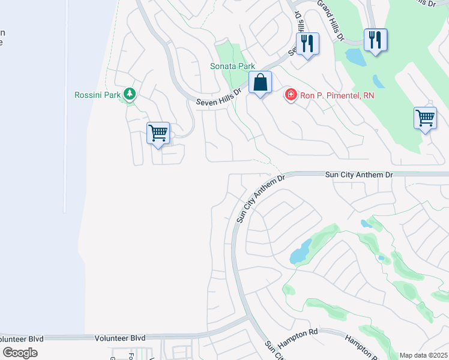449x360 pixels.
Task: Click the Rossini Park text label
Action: [97, 95]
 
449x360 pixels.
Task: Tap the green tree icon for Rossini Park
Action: [129, 94]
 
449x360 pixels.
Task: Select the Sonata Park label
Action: [232, 66]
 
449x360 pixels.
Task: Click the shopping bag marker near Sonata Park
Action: [261, 83]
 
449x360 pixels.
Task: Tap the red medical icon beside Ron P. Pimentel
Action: [291, 95]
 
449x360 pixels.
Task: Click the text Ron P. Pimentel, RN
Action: [337, 95]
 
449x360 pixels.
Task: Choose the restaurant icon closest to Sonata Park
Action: [307, 43]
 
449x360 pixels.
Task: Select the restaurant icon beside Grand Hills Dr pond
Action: [375, 40]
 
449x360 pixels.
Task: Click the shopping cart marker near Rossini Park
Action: [158, 133]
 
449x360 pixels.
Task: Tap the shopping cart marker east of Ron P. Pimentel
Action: [425, 118]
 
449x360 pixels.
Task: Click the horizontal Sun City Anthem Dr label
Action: [358, 174]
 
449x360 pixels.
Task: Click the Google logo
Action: [20, 353]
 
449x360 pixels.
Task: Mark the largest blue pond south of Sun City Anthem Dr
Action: [300, 252]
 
